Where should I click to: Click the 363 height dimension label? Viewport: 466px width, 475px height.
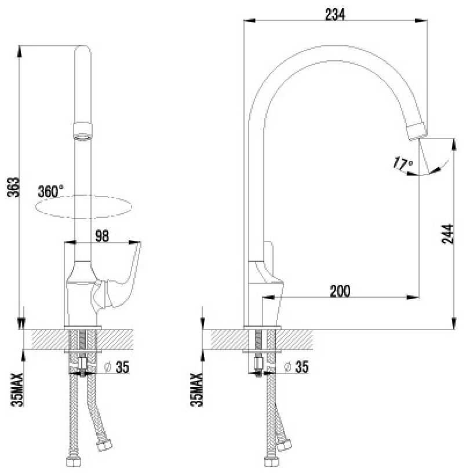tap(13, 187)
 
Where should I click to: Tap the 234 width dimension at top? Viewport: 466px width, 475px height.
tap(335, 14)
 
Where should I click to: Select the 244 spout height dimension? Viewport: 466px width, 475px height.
tap(448, 233)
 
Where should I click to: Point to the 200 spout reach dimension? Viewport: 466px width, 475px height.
tap(340, 291)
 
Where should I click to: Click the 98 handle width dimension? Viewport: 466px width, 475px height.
tap(102, 236)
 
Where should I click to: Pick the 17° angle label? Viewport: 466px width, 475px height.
tap(402, 164)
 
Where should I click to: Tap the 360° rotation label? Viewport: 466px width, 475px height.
tap(50, 192)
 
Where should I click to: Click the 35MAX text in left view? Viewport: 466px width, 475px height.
tap(17, 390)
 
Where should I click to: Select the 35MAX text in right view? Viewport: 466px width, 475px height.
tap(196, 390)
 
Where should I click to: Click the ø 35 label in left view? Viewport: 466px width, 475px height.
tap(116, 367)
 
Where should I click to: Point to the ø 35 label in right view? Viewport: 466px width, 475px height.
tap(296, 367)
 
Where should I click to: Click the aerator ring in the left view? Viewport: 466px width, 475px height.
tap(83, 131)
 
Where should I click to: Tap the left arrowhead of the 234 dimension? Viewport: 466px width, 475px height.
tap(250, 21)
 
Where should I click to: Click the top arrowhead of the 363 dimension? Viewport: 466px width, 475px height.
tap(20, 51)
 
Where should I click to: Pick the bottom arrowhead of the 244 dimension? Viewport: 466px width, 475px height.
tap(454, 323)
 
